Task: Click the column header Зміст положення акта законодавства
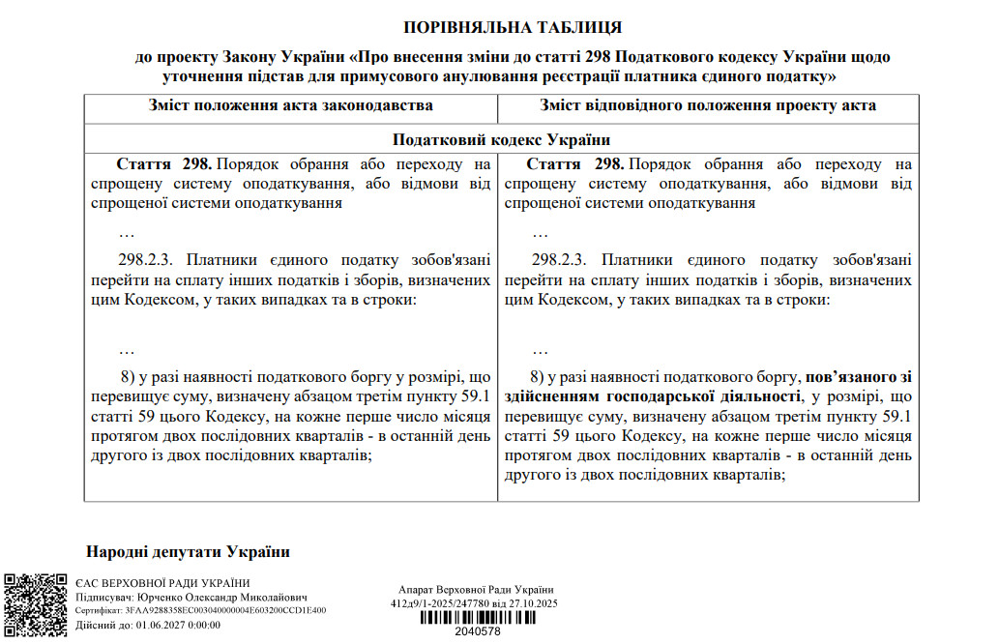point(290,105)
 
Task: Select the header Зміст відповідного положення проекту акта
point(708,105)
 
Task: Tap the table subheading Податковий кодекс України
point(501,139)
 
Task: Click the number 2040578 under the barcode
point(477,632)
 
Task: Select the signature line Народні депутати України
point(188,552)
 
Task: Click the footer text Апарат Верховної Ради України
point(476,590)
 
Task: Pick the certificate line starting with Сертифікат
point(200,611)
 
